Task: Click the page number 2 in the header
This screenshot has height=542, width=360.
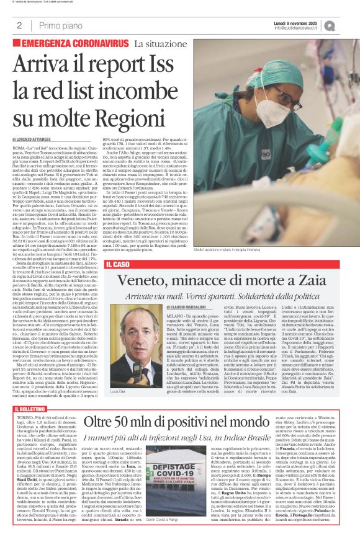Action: [20, 25]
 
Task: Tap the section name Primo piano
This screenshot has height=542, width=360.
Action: [55, 25]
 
